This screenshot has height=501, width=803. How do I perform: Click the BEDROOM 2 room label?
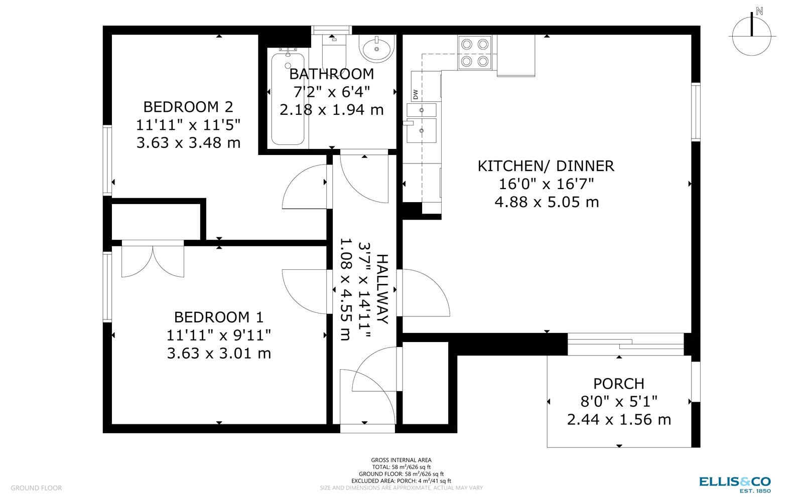[188, 107]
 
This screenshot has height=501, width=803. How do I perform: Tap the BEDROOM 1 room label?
[219, 317]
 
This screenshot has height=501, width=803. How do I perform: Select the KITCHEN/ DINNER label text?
[546, 166]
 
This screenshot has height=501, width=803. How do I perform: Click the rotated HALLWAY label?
[382, 289]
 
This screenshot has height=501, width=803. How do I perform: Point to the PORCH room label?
[618, 384]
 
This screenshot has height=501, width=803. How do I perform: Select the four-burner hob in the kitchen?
[475, 53]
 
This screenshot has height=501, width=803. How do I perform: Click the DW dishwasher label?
[416, 94]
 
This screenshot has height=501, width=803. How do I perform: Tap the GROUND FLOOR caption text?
[36, 488]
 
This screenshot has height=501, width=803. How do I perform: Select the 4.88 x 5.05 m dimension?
[547, 202]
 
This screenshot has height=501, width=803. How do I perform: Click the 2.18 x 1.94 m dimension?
[331, 110]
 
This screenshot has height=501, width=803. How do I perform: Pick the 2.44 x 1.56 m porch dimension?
[618, 420]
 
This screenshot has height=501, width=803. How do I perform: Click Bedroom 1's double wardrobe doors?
[153, 259]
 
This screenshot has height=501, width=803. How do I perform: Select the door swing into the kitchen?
[423, 293]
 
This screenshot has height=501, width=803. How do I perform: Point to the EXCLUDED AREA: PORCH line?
[401, 481]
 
